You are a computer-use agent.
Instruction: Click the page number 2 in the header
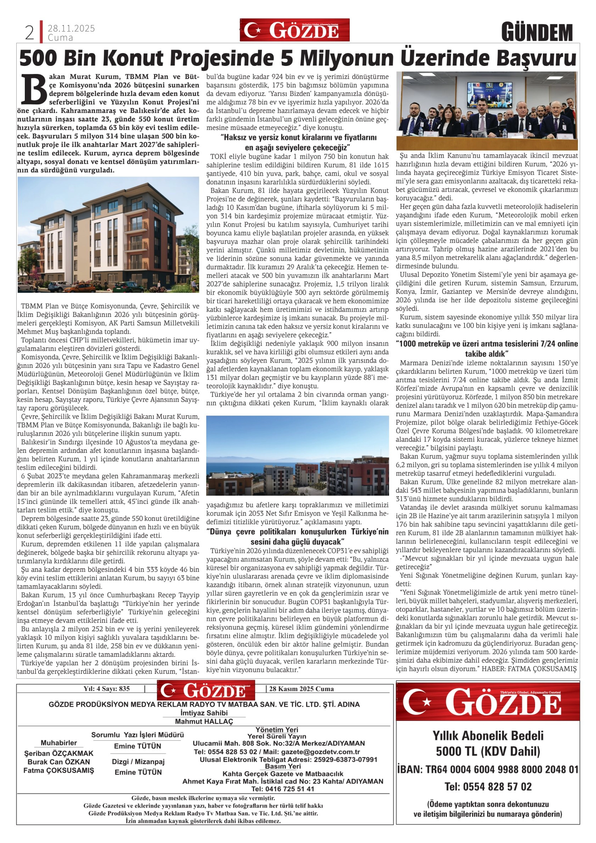coord(29,33)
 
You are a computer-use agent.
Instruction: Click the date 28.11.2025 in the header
coord(71,28)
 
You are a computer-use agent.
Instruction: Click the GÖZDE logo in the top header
coord(295,30)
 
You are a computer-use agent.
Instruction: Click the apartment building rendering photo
coord(108,235)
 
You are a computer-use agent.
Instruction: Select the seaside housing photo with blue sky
coord(297,455)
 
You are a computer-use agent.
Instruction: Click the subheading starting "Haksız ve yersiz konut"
coord(297,142)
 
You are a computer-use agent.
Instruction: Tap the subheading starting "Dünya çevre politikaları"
coord(297,536)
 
